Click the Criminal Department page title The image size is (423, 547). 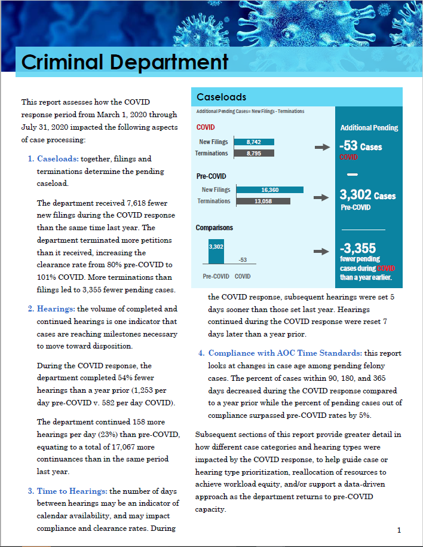coord(125,62)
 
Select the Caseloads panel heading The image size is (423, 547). coord(221,97)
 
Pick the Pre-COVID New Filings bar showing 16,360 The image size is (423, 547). coord(269,190)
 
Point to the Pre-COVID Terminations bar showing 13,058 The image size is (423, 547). coord(263,201)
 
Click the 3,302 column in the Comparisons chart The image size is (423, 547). coord(216,250)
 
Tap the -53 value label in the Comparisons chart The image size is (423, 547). coord(243,259)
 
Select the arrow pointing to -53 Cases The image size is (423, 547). coord(322,147)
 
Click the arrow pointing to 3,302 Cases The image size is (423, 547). coord(322,197)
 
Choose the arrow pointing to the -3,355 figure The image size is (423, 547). coord(322,252)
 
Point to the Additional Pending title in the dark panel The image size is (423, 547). coord(369,127)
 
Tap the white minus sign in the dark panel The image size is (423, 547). coord(352,174)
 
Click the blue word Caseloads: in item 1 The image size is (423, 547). coord(58,159)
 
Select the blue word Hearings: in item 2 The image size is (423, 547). coord(56,309)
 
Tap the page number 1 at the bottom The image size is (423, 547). coord(399,530)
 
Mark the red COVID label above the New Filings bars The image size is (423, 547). coord(206,127)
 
